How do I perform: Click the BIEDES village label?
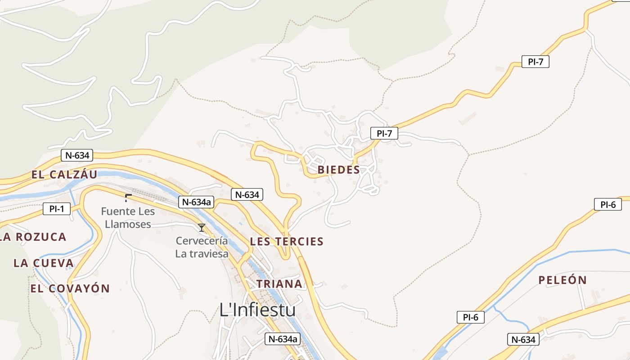coord(338,170)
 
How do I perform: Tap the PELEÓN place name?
coord(562,280)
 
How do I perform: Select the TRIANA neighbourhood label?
coord(279,283)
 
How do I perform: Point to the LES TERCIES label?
coord(287,241)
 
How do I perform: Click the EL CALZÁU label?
coord(64,175)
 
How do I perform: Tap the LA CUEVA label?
coord(43,263)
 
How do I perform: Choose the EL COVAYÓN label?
coord(70,288)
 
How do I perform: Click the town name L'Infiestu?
coord(257,310)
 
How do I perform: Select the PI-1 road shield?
coord(57,209)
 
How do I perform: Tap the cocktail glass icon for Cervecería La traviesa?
coord(202,228)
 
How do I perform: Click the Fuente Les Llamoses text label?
coord(128,217)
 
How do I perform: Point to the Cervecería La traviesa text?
coord(202,247)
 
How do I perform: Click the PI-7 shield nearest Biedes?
coord(384,133)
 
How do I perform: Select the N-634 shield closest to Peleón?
coord(524,339)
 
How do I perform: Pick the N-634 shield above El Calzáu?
coord(77,156)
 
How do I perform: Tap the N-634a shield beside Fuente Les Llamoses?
coord(196,202)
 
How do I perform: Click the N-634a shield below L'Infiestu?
coord(282,339)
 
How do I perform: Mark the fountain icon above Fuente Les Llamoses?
coord(128,197)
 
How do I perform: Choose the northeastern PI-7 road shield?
coord(535,62)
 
